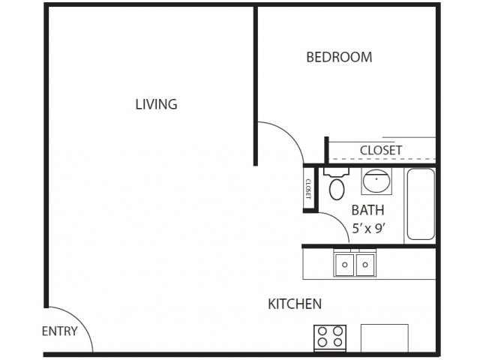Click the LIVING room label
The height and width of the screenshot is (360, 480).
point(156,104)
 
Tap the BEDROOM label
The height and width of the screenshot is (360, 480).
point(339,57)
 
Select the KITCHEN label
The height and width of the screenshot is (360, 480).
point(295,304)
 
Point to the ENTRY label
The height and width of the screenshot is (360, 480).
point(60,331)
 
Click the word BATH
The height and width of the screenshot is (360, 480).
point(367,210)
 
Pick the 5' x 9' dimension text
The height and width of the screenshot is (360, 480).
point(368,228)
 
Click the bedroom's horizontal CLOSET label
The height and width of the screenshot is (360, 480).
point(381,150)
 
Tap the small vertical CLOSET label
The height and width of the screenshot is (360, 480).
point(308,189)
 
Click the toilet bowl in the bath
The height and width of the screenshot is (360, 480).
point(337,190)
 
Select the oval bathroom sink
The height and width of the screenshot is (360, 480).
point(376,181)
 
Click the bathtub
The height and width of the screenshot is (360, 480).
point(421,204)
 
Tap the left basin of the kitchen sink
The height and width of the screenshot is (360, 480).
point(344,265)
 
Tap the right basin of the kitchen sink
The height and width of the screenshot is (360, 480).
point(365,265)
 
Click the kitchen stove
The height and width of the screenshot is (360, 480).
point(330,338)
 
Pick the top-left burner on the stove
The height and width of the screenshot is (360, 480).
point(322,331)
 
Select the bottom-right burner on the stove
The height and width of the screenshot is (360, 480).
point(338,342)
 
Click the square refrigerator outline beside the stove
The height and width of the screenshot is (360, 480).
point(385,338)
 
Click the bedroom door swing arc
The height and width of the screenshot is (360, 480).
point(291,134)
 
